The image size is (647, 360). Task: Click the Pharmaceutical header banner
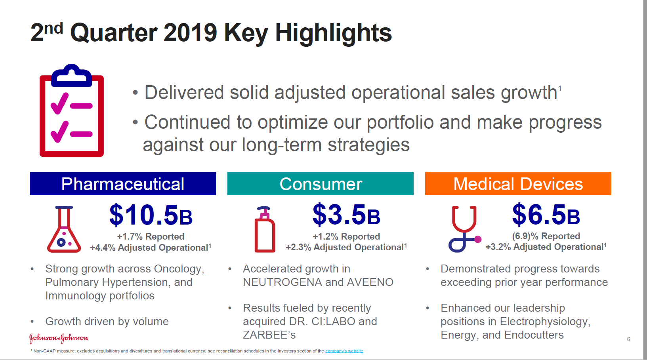123,184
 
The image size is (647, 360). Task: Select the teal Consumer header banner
321,184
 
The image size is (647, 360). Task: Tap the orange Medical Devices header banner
518,184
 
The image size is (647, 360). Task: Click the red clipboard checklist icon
72,110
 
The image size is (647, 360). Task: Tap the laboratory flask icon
64,230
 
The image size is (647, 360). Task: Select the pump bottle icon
265,230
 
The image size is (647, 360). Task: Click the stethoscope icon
464,229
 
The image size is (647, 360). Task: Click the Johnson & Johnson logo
59,338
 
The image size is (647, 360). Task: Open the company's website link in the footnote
344,351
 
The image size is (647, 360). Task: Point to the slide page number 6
629,339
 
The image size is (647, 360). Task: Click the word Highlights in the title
333,32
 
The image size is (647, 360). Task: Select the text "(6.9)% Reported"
546,236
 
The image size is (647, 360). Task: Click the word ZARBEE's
269,335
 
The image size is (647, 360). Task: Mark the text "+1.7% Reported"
151,236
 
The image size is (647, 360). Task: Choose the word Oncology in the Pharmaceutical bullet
179,269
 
